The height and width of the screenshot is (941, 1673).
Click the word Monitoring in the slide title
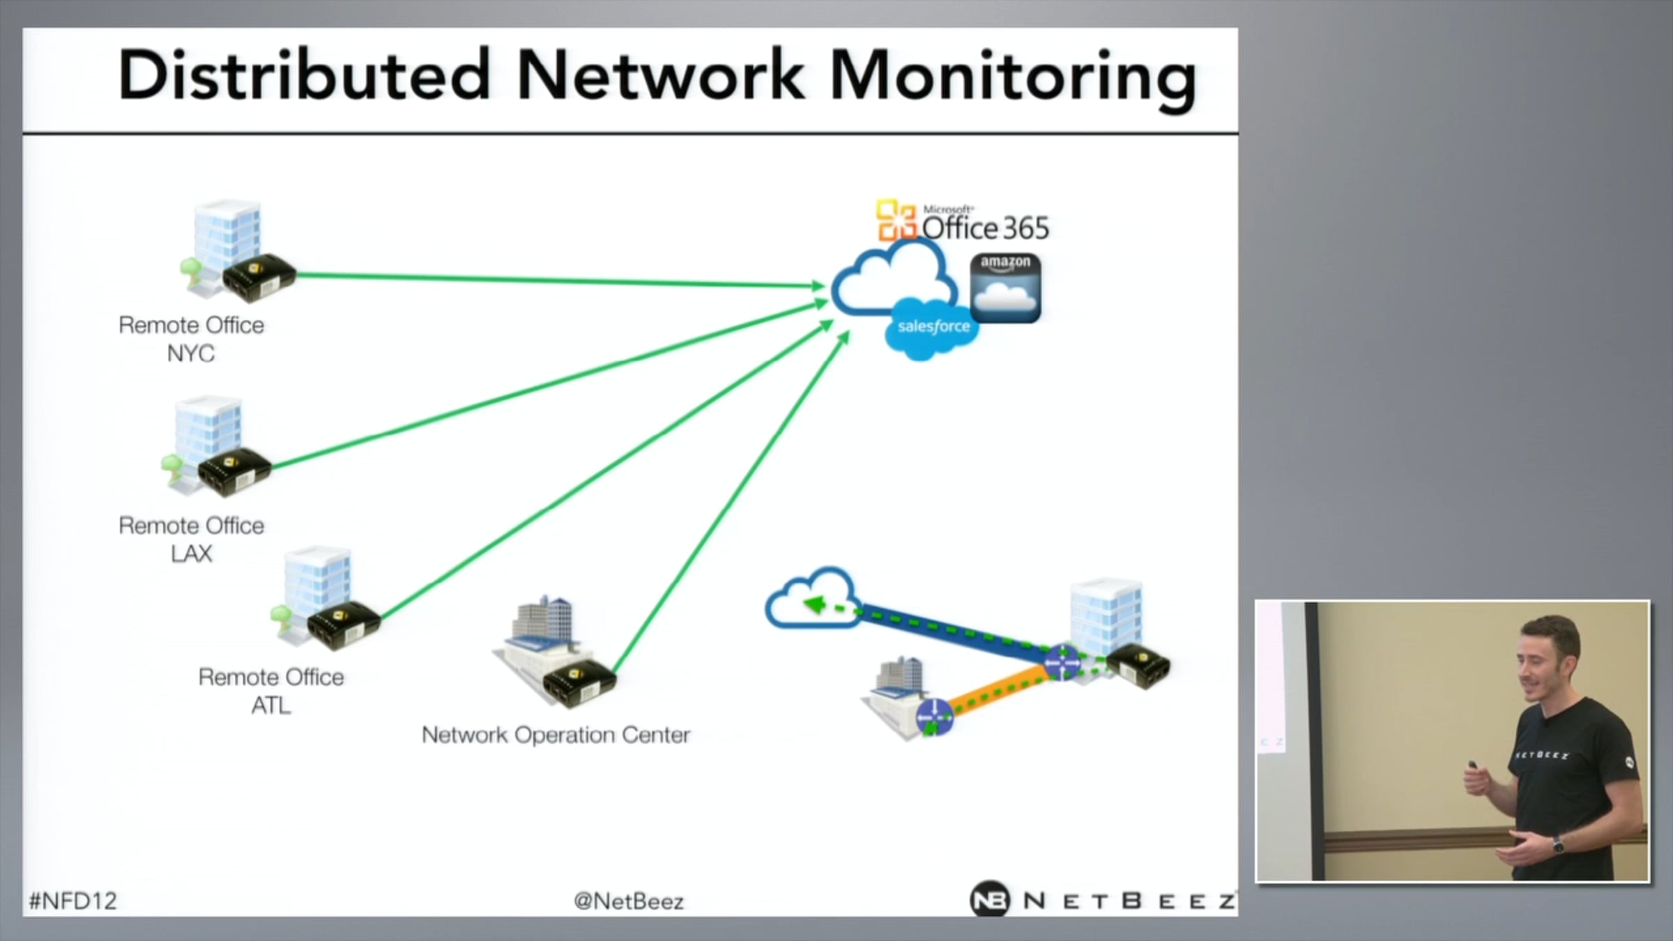click(1012, 77)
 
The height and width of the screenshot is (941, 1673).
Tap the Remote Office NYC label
click(191, 339)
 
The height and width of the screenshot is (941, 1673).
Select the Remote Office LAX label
click(191, 539)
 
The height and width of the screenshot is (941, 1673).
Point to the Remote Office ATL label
click(271, 691)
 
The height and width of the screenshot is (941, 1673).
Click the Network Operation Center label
click(556, 735)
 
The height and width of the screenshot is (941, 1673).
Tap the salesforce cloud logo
click(933, 328)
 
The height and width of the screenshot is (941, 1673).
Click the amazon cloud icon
click(1005, 287)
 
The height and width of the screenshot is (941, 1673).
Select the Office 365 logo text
click(984, 228)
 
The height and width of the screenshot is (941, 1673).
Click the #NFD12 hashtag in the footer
click(72, 901)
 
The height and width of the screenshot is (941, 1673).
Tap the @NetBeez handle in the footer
click(628, 901)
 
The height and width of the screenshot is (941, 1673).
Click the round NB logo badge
click(989, 900)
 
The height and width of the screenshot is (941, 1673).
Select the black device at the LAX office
click(234, 471)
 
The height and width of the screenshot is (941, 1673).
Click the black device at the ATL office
click(344, 623)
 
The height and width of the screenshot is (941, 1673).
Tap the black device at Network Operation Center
click(579, 682)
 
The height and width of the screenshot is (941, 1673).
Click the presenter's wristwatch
click(1557, 845)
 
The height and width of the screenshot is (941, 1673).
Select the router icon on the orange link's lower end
click(933, 717)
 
